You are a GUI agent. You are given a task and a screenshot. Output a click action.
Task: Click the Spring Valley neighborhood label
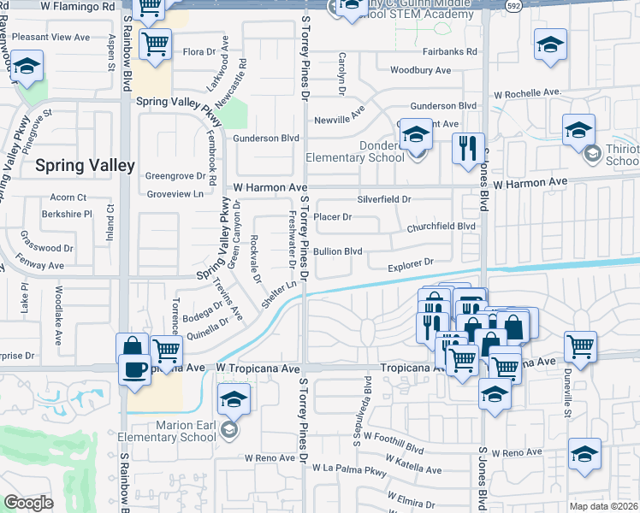pyautogui.click(x=85, y=165)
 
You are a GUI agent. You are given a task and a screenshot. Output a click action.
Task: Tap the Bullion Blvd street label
pyautogui.click(x=338, y=251)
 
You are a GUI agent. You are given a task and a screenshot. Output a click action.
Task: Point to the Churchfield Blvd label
pyautogui.click(x=441, y=227)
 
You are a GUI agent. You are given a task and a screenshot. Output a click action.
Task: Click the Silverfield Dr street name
pyautogui.click(x=384, y=199)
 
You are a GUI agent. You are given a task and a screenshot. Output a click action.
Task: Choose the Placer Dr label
pyautogui.click(x=333, y=217)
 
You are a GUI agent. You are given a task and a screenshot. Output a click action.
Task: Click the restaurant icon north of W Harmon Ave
pyautogui.click(x=468, y=148)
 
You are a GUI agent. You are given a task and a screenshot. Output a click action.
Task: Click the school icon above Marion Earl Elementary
pyautogui.click(x=233, y=398)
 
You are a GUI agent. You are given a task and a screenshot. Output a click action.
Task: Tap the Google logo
pyautogui.click(x=28, y=502)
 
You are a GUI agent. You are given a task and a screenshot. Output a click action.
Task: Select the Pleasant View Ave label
pyautogui.click(x=50, y=38)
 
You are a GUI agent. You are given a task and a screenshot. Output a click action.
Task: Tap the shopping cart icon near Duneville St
pyautogui.click(x=580, y=346)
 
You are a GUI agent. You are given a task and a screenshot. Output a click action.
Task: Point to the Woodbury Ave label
pyautogui.click(x=420, y=70)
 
